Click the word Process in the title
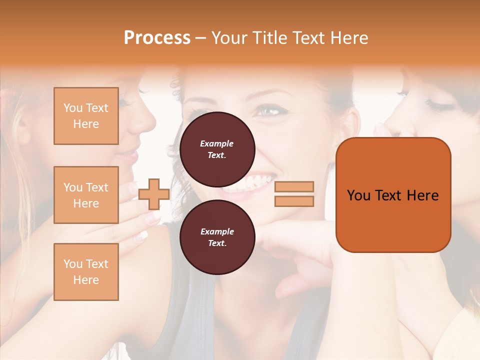pos(157,38)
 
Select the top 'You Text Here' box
pos(86,116)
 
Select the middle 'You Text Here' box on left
pos(86,195)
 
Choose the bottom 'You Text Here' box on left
pos(86,272)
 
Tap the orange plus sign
pos(153,194)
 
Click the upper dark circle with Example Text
pos(217,149)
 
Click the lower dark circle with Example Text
pos(217,237)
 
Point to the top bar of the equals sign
pos(294,186)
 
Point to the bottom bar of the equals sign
pos(294,201)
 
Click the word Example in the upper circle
pos(216,143)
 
